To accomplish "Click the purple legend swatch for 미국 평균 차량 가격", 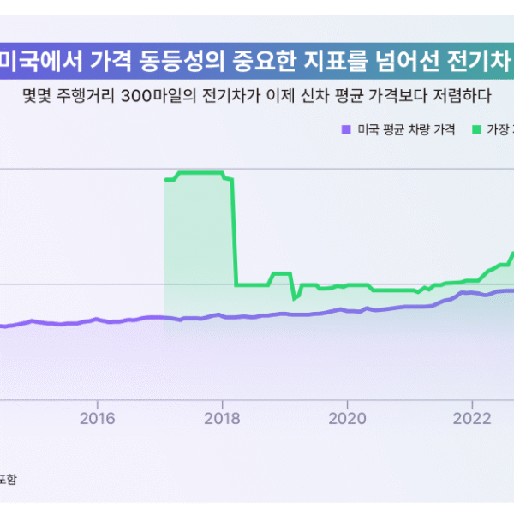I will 346,130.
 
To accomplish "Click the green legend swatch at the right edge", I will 475,130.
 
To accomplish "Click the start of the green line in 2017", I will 164,180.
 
